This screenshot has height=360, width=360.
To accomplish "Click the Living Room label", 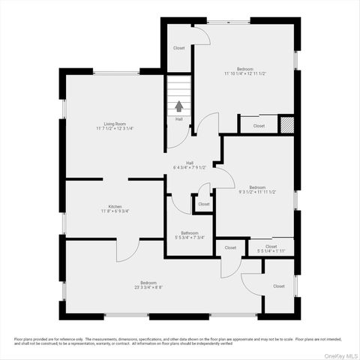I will click(x=115, y=123).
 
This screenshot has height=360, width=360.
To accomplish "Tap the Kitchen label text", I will click(x=115, y=206).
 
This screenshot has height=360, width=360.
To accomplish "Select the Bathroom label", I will click(x=189, y=232).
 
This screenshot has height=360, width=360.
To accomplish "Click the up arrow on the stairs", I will click(x=178, y=107).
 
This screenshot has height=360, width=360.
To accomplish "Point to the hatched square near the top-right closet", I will click(x=286, y=124).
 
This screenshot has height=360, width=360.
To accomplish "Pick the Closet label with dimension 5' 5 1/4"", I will click(x=271, y=246).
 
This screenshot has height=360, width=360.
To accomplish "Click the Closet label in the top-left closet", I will click(x=178, y=48).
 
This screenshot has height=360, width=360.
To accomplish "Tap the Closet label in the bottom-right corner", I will click(x=278, y=286).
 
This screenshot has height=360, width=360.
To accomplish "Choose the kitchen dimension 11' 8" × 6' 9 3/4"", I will click(x=115, y=211).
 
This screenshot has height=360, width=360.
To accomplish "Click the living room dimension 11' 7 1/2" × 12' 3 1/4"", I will click(x=115, y=128).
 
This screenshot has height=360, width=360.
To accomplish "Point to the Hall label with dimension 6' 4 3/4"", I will click(x=190, y=162).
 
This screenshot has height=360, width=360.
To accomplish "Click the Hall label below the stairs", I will click(x=178, y=118).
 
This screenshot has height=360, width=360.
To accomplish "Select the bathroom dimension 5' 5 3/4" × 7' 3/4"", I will click(x=189, y=238).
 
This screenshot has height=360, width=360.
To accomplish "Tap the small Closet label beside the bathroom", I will click(x=203, y=204).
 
